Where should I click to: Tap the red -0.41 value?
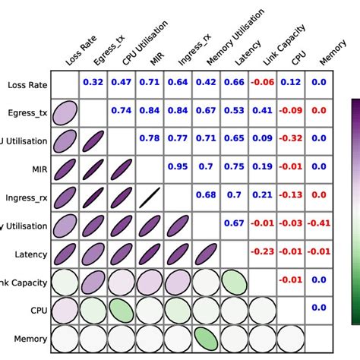click(318, 223)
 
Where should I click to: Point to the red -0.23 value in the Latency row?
click(262, 251)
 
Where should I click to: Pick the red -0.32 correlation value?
click(290, 138)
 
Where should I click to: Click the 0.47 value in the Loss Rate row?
click(121, 82)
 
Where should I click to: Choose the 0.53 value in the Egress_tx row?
click(234, 110)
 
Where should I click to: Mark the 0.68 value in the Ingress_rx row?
click(206, 195)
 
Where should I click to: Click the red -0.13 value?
click(290, 195)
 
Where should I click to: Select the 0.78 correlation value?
click(149, 138)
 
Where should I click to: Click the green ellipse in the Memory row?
click(206, 338)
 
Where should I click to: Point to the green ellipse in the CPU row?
click(121, 310)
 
